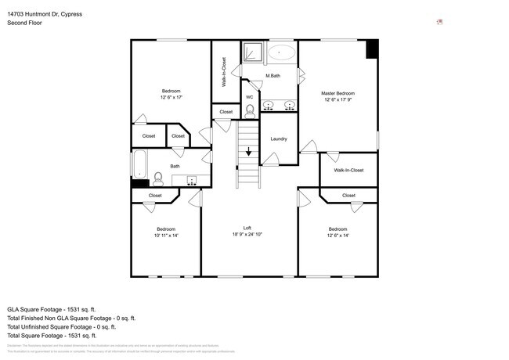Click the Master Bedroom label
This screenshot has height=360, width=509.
point(338,93)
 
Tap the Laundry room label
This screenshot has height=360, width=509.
point(279,139)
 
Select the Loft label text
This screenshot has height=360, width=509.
point(247,228)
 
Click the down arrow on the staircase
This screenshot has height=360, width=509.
point(249,152)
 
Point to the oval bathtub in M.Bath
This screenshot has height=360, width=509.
point(282,53)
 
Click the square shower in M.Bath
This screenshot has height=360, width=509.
point(252,53)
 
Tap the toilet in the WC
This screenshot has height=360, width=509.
point(250,110)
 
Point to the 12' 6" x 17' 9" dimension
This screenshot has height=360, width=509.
point(338,100)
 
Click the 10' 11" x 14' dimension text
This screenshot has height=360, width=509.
point(166,235)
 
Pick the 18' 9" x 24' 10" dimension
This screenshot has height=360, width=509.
point(247,235)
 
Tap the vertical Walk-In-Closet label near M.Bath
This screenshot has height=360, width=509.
point(224,71)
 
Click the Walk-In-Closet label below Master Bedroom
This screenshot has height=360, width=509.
point(348,170)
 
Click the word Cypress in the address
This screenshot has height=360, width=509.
point(70,14)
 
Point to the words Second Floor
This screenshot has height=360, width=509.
point(25,23)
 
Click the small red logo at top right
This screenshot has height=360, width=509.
point(440,22)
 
